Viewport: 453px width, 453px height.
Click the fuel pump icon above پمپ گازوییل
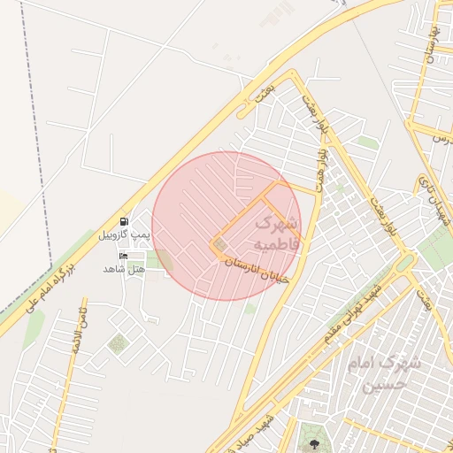(x=124, y=221)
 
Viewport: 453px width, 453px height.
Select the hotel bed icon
(x=123, y=256)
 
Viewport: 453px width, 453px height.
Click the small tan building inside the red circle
(x=220, y=245)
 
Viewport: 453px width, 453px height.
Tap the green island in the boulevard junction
(x=404, y=263)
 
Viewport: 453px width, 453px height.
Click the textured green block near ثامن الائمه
(x=117, y=342)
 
